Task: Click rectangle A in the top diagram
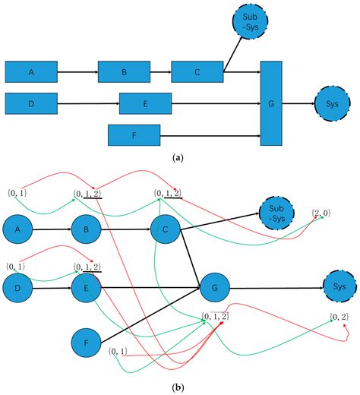click(31, 73)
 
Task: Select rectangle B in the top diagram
click(124, 73)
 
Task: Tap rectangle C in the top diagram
click(197, 73)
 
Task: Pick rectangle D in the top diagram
click(31, 102)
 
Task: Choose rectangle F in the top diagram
click(134, 135)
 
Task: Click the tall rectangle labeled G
click(272, 104)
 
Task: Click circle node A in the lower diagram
click(21, 228)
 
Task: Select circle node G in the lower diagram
click(216, 289)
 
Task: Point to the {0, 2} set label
click(339, 316)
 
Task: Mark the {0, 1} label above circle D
click(15, 266)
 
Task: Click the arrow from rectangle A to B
click(77, 73)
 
